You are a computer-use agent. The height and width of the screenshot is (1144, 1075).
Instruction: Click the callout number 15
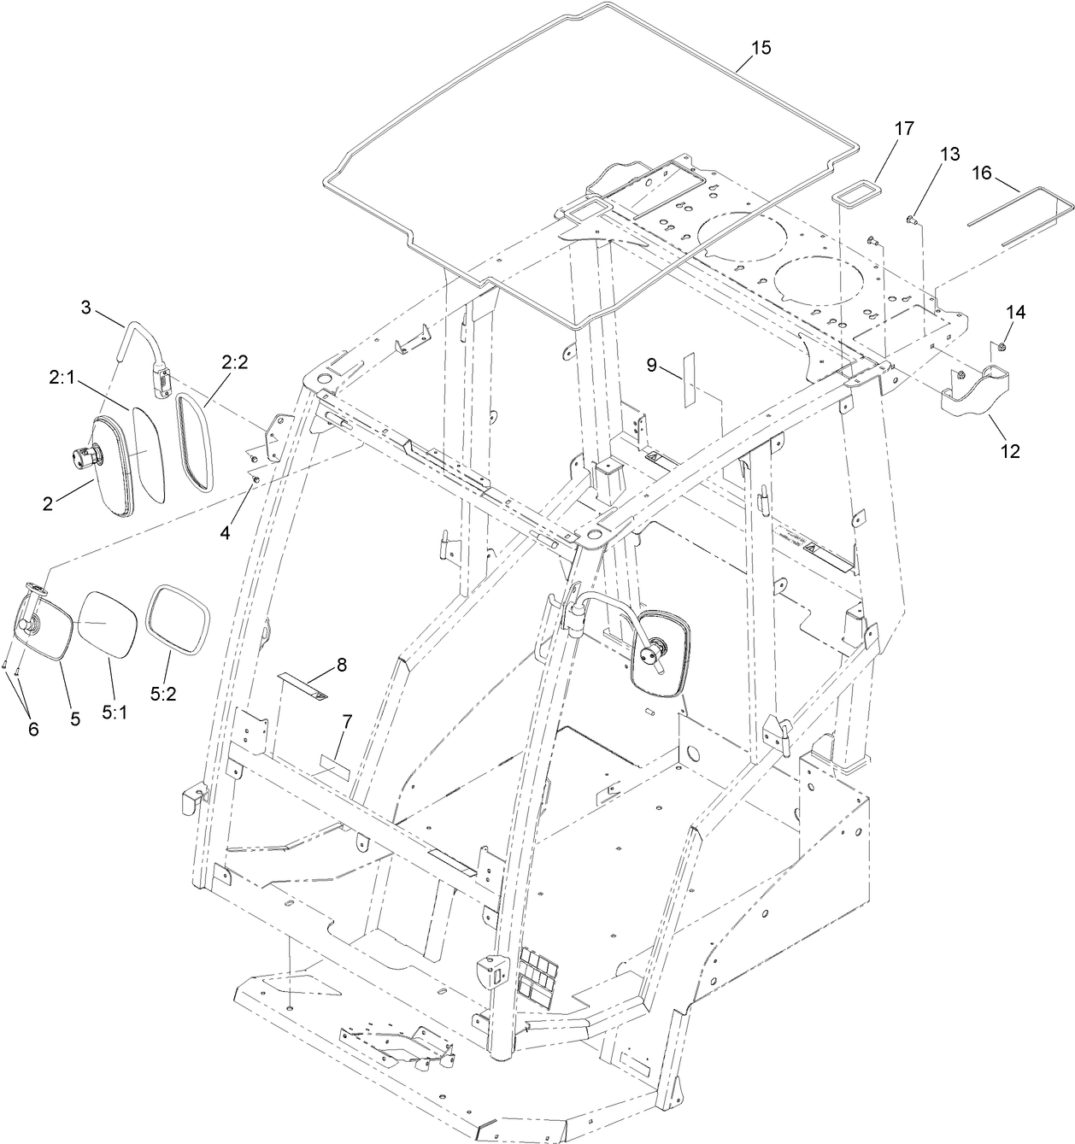(761, 48)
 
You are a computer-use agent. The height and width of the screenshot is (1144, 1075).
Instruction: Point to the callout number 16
(981, 173)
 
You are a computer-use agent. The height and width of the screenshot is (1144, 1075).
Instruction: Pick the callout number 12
(1010, 450)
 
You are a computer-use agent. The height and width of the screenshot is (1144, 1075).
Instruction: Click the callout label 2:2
(234, 362)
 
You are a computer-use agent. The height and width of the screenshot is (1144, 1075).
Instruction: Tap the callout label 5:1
(115, 711)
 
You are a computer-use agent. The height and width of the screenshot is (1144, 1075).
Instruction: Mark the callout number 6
(33, 729)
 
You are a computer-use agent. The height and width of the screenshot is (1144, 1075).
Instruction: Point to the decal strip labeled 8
(303, 685)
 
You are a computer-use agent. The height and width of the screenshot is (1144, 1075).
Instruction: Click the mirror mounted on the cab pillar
(658, 653)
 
